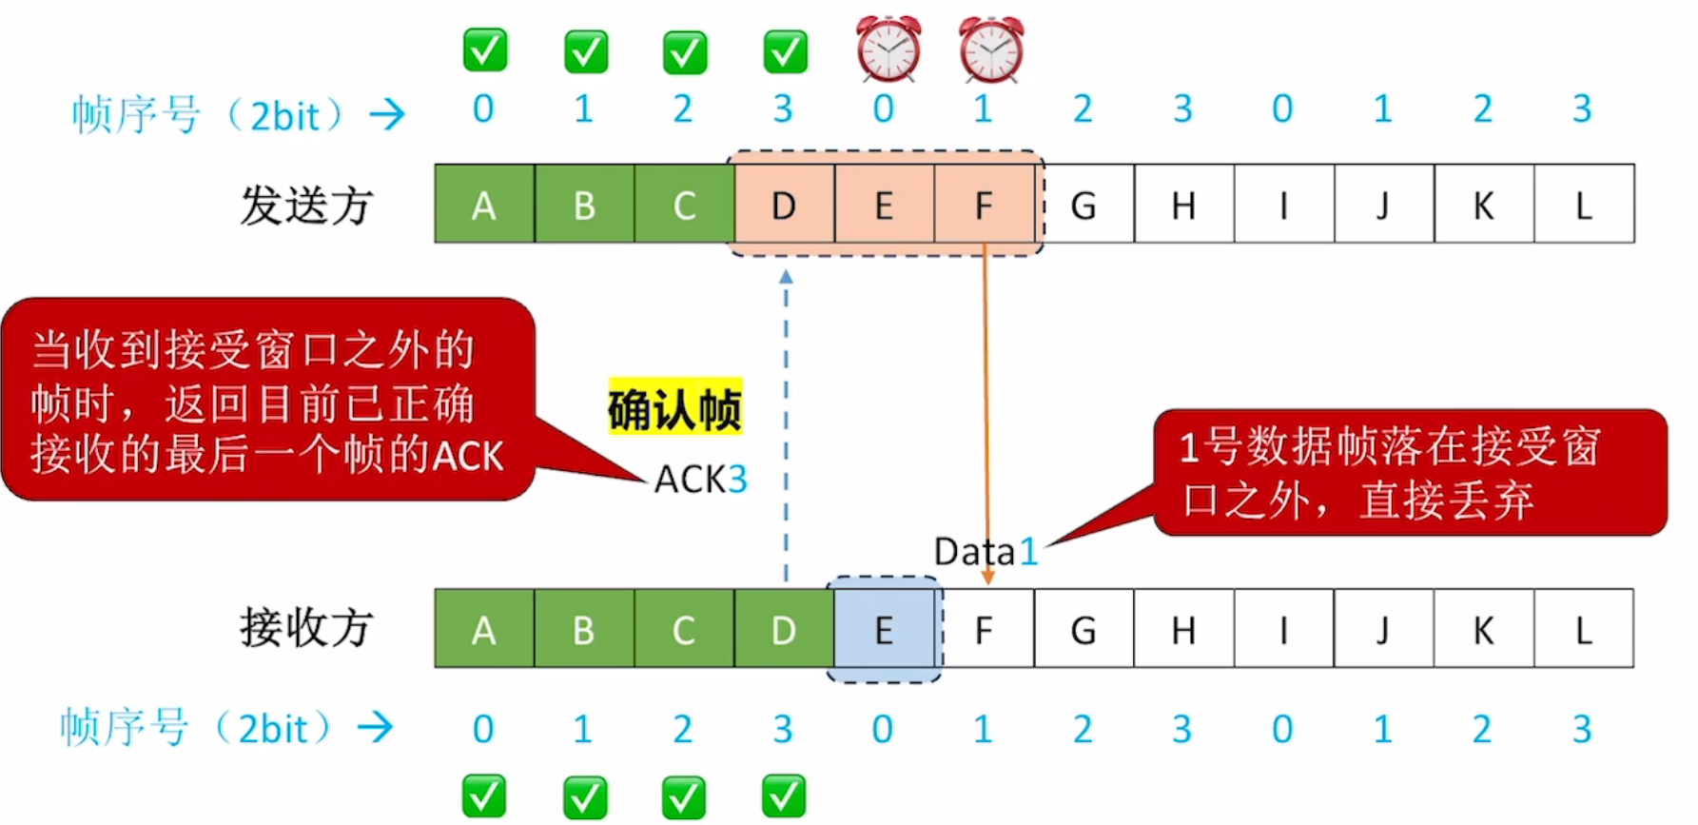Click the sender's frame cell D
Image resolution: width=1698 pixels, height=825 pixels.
coord(784,205)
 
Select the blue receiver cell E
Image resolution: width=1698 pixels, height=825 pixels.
coord(884,630)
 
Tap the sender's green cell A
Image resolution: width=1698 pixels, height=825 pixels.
coord(484,205)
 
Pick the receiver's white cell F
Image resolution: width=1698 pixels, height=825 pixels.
coord(985,630)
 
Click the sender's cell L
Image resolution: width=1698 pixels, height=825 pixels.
coord(1584,205)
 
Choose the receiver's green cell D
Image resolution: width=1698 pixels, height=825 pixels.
coord(783,630)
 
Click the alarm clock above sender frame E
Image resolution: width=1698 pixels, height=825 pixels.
coord(888,49)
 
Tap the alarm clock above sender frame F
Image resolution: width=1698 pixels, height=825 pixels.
coord(990,49)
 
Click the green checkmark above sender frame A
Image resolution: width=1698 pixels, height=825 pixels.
coord(485,50)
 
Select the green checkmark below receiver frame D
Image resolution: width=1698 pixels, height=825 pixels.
coord(784,796)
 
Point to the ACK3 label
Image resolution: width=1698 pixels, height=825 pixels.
coord(700,480)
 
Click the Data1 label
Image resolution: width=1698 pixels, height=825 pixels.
coord(985,552)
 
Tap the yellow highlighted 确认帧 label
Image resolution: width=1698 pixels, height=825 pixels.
coord(674,410)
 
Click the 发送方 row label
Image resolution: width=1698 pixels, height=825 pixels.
coord(306,206)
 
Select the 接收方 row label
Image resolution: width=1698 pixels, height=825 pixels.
coord(306,628)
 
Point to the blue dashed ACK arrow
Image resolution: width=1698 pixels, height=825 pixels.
coord(786,428)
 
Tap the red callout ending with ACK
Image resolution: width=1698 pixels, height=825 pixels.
coord(266,401)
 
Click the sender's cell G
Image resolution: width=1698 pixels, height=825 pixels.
coord(1083,205)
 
